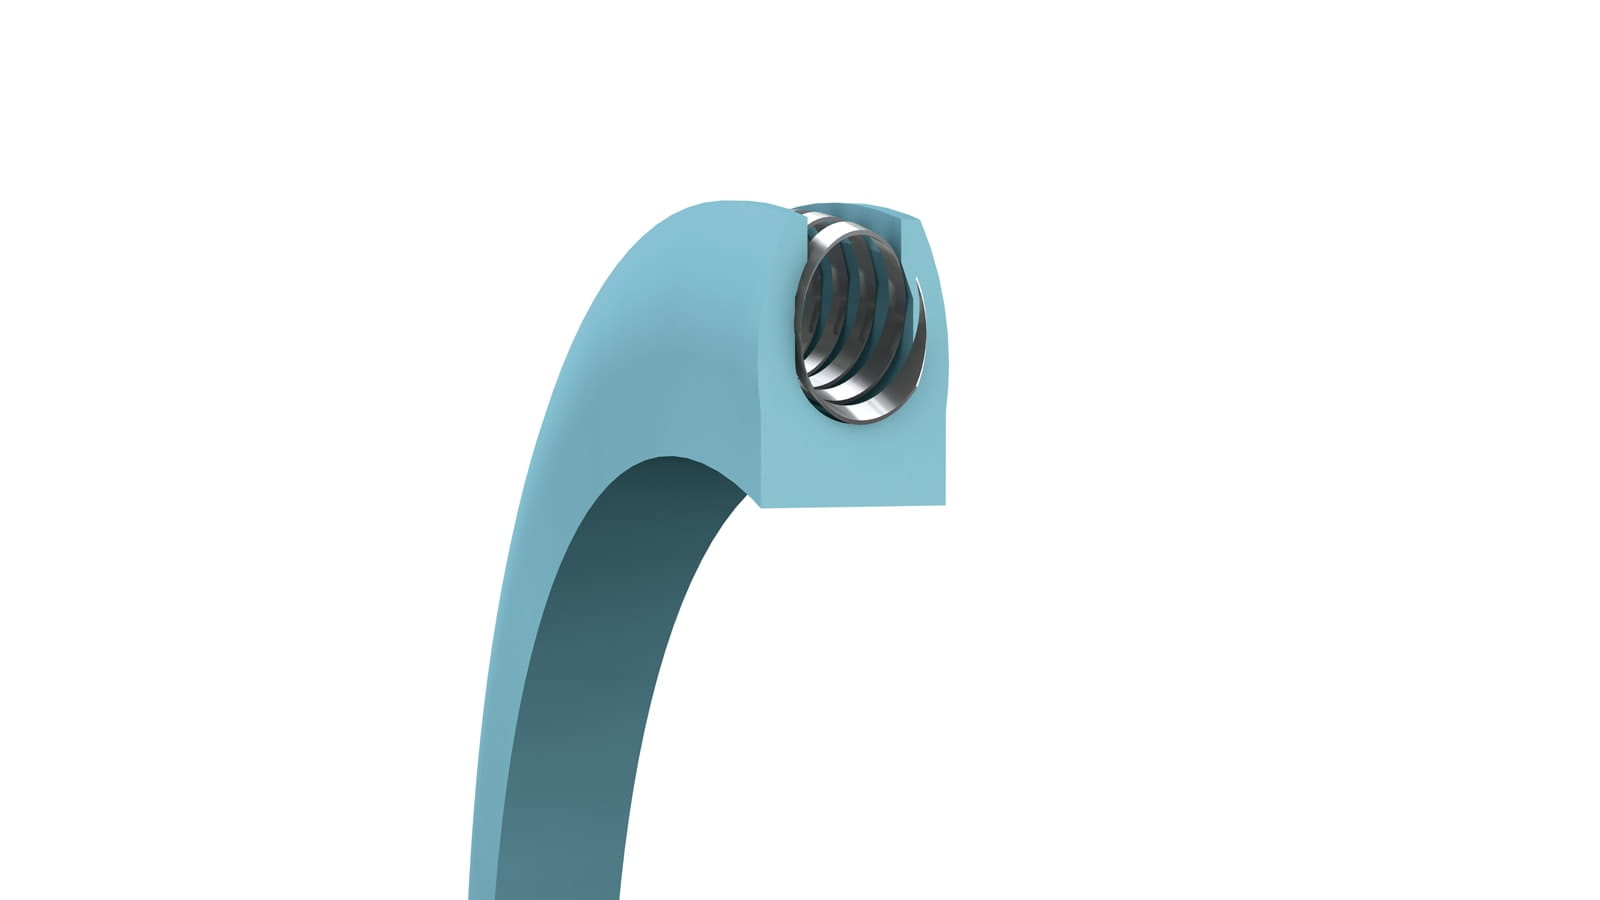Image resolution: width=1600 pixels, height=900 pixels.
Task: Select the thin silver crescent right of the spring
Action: coord(928,330)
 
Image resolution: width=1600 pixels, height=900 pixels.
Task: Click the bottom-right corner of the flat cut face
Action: coord(945,504)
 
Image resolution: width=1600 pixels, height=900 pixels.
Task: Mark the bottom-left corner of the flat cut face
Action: coord(764,508)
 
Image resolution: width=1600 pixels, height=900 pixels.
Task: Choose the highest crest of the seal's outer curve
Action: coord(720,202)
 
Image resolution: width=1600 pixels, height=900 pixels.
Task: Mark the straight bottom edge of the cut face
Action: coord(855,506)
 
